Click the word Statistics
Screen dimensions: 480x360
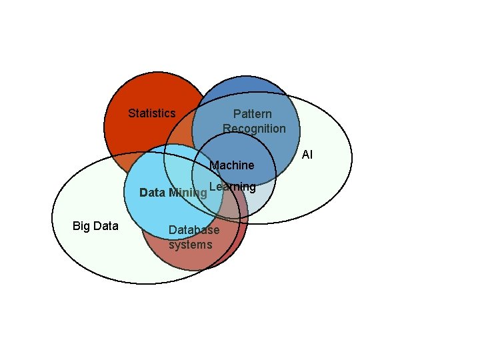[x=151, y=113]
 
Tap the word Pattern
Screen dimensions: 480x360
[x=252, y=114]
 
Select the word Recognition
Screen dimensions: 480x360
[x=254, y=128]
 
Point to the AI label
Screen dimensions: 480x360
[x=307, y=155]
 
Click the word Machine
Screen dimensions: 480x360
[x=232, y=165]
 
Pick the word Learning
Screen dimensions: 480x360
[x=232, y=187]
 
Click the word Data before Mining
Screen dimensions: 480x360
[x=152, y=193]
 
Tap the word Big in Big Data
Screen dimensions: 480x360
[x=81, y=226]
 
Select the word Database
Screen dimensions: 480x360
[x=193, y=231]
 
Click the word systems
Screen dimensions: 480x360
[x=190, y=245]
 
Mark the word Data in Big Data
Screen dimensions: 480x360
[x=105, y=226]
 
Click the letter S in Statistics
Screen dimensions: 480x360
[x=131, y=113]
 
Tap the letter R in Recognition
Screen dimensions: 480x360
[x=227, y=128]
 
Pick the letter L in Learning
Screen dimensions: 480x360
[x=211, y=186]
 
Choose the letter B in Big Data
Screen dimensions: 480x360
[x=75, y=226]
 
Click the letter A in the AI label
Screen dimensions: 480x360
[x=305, y=155]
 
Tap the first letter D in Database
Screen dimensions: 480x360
[x=171, y=231]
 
